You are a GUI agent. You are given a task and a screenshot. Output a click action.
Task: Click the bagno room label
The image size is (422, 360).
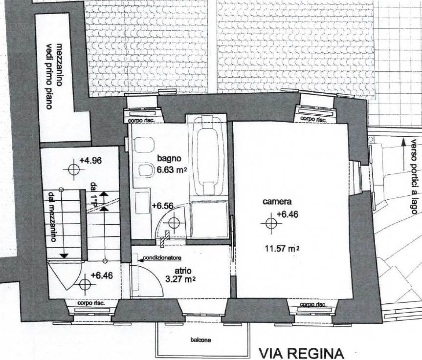click(169, 158)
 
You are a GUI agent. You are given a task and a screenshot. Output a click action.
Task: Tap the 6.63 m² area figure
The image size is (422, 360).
click(172, 170)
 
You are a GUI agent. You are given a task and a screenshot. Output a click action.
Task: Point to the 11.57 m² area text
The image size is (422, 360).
click(282, 249)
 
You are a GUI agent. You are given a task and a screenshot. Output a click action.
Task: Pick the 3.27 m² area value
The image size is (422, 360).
click(180, 279)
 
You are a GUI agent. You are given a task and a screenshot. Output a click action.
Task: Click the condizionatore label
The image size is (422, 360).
click(162, 258)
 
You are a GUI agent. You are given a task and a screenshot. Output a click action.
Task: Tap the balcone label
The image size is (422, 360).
click(200, 340)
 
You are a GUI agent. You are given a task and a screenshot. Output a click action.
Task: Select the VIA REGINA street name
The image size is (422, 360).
click(301, 353)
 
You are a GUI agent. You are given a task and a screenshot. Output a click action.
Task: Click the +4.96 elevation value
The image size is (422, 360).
click(90, 161)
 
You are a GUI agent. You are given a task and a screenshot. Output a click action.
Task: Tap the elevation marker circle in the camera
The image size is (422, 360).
click(271, 223)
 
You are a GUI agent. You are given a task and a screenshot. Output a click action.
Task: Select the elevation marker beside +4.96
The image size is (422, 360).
click(73, 169)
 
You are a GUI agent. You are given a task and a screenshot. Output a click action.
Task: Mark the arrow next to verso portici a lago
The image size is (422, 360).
click(403, 153)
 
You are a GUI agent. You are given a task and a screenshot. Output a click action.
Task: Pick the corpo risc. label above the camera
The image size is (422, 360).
click(313, 119)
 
